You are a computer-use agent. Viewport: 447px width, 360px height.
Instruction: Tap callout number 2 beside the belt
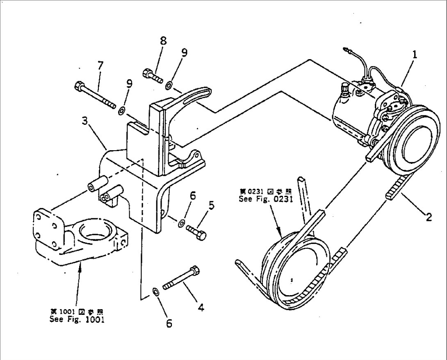(x=428, y=217)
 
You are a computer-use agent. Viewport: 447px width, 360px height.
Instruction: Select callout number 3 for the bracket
(x=84, y=121)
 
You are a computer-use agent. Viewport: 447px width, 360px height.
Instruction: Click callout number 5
(x=211, y=205)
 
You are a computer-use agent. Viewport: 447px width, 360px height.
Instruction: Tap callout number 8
(x=163, y=41)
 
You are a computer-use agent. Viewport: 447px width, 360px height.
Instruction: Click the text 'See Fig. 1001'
(x=77, y=319)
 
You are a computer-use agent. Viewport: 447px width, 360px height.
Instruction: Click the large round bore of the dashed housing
(x=95, y=232)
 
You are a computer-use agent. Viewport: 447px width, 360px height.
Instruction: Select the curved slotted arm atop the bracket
(x=192, y=94)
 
